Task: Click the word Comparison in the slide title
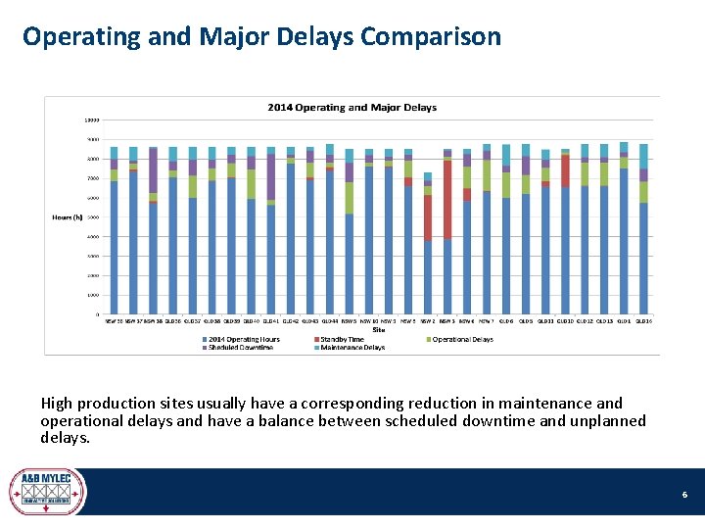431,37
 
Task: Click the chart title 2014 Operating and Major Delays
352,107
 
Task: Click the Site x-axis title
378,329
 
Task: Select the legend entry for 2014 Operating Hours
243,339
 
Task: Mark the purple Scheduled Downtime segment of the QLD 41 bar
270,177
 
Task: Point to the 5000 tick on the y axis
91,217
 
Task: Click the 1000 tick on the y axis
91,295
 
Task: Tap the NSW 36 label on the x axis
114,319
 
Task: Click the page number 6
684,496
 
